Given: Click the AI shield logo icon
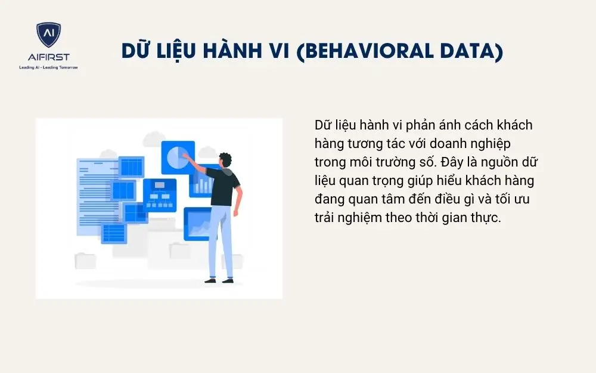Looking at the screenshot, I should coord(48,35).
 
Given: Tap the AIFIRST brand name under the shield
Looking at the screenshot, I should coord(48,57).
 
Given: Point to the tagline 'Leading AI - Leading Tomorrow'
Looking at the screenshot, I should coord(48,67).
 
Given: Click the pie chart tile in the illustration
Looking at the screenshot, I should coord(178,158).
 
